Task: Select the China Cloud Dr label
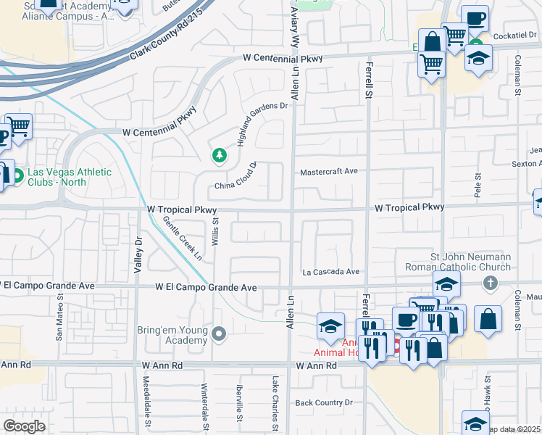point(236,181)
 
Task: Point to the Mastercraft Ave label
point(330,172)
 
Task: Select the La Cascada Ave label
point(330,272)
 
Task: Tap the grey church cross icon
point(490,283)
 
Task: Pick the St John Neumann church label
point(471,262)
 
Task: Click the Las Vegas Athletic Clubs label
point(69,177)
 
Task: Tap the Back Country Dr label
point(323,402)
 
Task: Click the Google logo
point(24,426)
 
